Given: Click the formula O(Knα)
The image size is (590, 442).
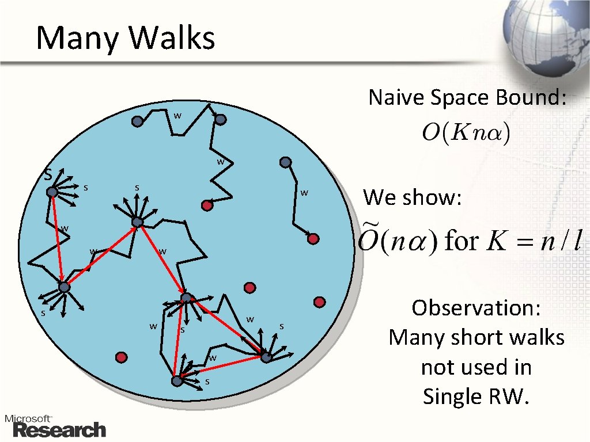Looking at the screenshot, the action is (466, 134).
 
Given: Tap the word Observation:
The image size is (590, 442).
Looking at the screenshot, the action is (476, 308).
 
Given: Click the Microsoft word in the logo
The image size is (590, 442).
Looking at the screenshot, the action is (29, 418).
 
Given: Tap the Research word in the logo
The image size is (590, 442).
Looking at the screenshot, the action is (59, 430).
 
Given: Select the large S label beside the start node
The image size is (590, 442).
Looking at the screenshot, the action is (49, 173).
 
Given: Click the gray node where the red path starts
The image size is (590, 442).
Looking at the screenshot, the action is (52, 192).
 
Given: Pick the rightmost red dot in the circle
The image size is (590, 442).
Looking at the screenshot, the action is (320, 302).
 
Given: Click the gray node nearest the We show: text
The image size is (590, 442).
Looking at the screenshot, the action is (285, 162).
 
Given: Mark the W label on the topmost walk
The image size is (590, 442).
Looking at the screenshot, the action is (178, 116).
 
